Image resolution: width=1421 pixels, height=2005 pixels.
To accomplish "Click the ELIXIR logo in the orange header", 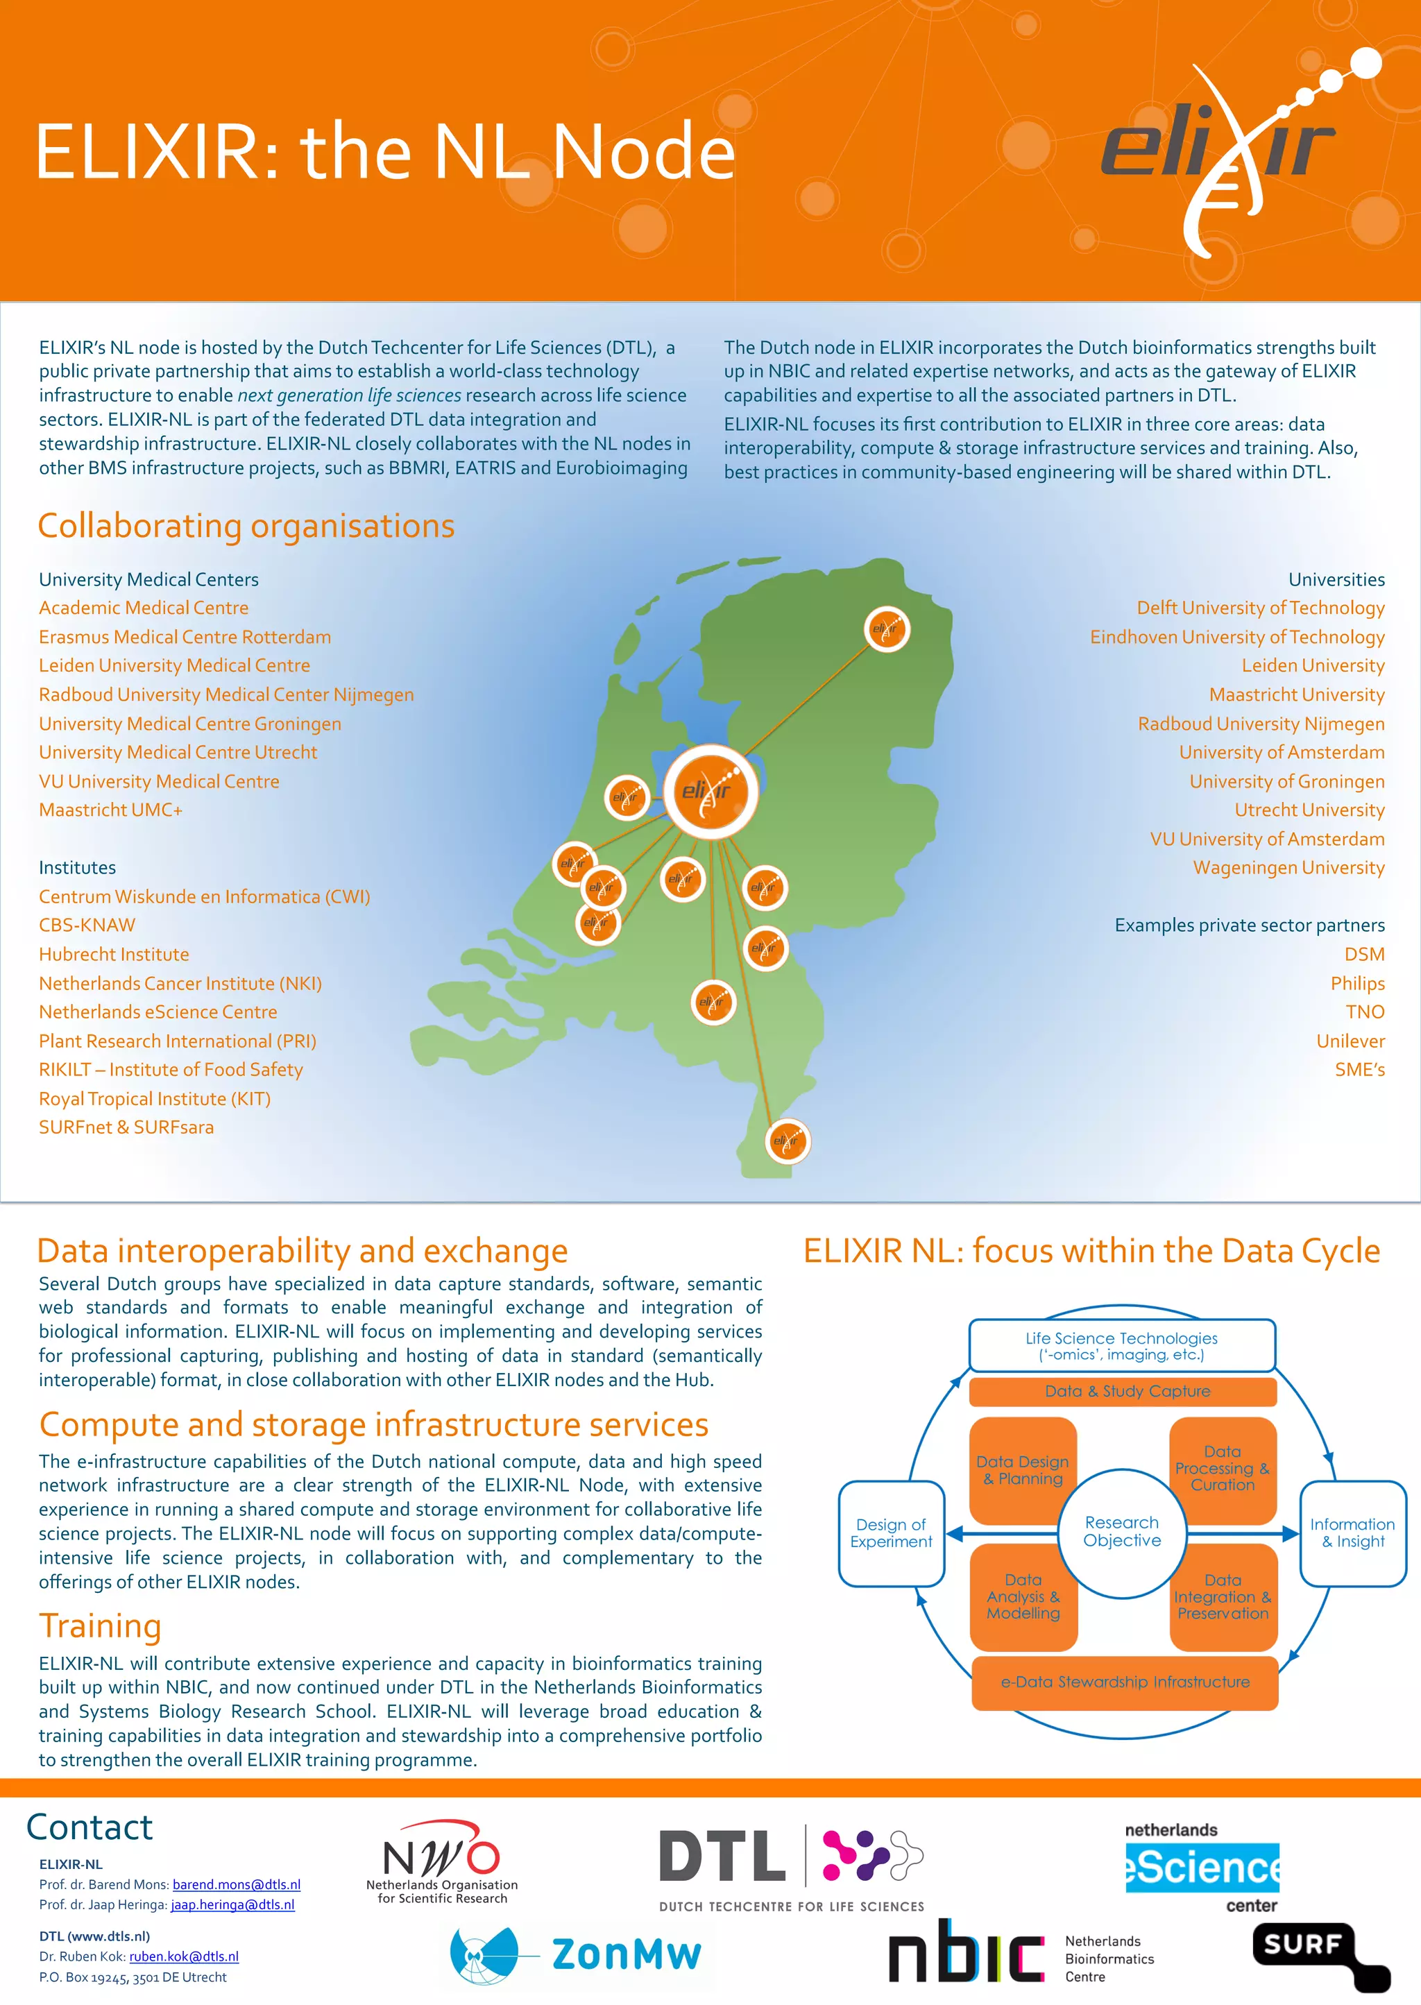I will [x=1225, y=148].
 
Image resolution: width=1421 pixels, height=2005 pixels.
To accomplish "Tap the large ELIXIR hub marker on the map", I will [x=710, y=792].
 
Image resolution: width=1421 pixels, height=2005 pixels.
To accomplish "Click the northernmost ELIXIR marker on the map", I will [x=886, y=629].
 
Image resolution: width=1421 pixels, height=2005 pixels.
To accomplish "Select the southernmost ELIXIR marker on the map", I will [x=787, y=1141].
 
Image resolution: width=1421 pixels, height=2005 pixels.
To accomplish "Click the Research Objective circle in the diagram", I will [x=1122, y=1532].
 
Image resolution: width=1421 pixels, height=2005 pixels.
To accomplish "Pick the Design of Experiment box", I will [x=891, y=1533].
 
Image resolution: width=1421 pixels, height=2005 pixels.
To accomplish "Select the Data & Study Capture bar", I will [x=1123, y=1391].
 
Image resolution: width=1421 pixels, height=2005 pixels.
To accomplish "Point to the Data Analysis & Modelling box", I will [x=1023, y=1596].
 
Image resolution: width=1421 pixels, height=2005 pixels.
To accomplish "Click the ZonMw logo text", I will [x=626, y=1954].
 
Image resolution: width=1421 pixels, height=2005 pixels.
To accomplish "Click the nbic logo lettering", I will [x=965, y=1952].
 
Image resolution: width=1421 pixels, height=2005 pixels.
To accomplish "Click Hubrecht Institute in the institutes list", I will [x=114, y=955].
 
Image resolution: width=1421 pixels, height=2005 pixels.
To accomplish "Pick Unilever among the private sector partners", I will [x=1350, y=1041].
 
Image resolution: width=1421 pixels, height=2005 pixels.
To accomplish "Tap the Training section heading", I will [x=101, y=1626].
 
